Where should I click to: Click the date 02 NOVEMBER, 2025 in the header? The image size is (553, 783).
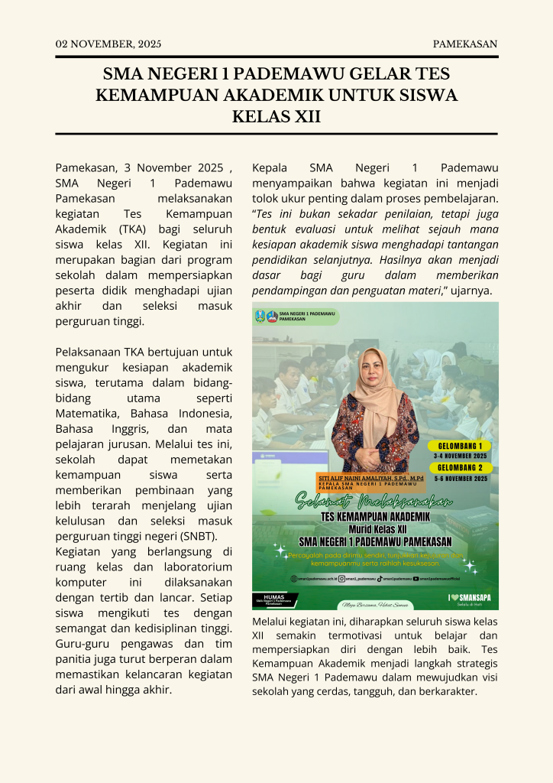click(x=108, y=44)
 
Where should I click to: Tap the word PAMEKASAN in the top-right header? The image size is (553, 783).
click(x=465, y=44)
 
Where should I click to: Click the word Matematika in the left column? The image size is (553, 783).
click(x=86, y=414)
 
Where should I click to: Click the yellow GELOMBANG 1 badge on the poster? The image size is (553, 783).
click(x=459, y=446)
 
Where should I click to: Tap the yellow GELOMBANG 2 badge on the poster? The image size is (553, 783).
click(x=459, y=468)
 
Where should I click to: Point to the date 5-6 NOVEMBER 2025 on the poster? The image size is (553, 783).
click(x=460, y=479)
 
